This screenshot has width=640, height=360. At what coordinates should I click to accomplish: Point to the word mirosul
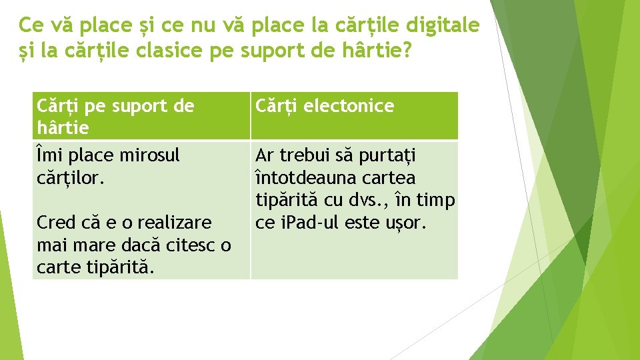pyautogui.click(x=150, y=155)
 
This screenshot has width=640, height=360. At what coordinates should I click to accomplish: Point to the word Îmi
pyautogui.click(x=47, y=155)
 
